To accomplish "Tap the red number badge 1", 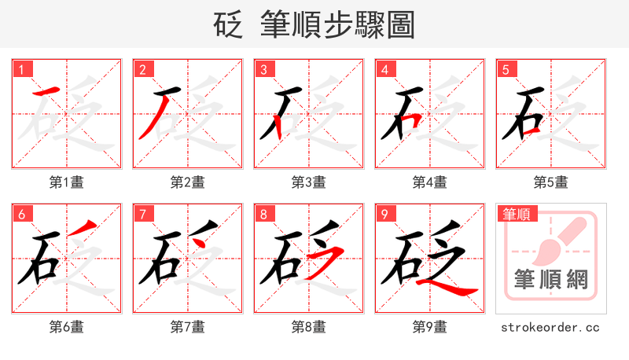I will pyautogui.click(x=22, y=69).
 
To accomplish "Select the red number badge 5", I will pyautogui.click(x=506, y=69).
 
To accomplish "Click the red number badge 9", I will pyautogui.click(x=385, y=214).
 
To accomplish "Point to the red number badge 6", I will pyautogui.click(x=22, y=214).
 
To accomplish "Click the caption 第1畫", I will pyautogui.click(x=67, y=182).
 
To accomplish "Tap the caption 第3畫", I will pyautogui.click(x=309, y=182).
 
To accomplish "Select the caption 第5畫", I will pyautogui.click(x=551, y=182).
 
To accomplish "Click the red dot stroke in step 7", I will pyautogui.click(x=200, y=241).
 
